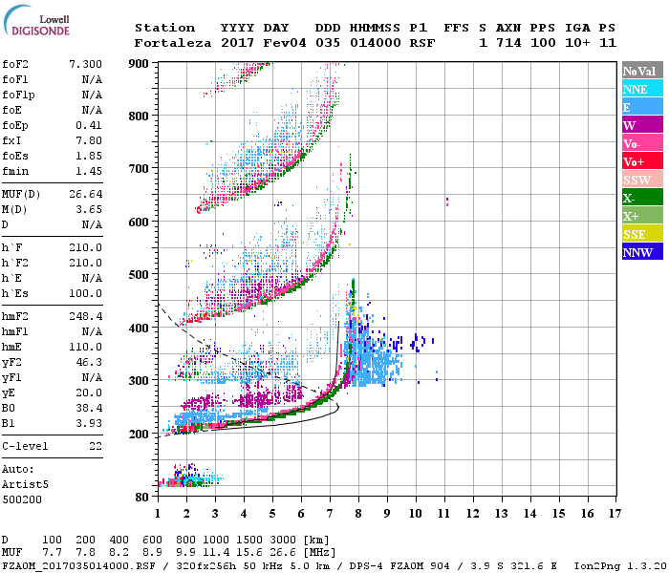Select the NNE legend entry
pyautogui.click(x=641, y=89)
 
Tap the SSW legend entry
pyautogui.click(x=641, y=180)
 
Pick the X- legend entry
pyautogui.click(x=641, y=198)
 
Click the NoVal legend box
pyautogui.click(x=641, y=71)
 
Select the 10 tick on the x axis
pyautogui.click(x=415, y=514)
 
